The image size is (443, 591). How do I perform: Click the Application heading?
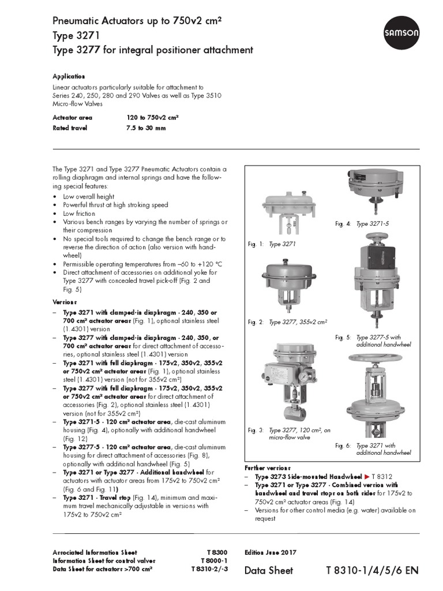(69, 76)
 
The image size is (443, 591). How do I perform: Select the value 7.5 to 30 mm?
(146, 128)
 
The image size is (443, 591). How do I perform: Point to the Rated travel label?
(70, 128)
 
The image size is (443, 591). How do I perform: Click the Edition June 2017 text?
(271, 552)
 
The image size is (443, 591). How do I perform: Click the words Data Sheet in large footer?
(269, 570)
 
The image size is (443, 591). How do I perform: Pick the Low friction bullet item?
(79, 214)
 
